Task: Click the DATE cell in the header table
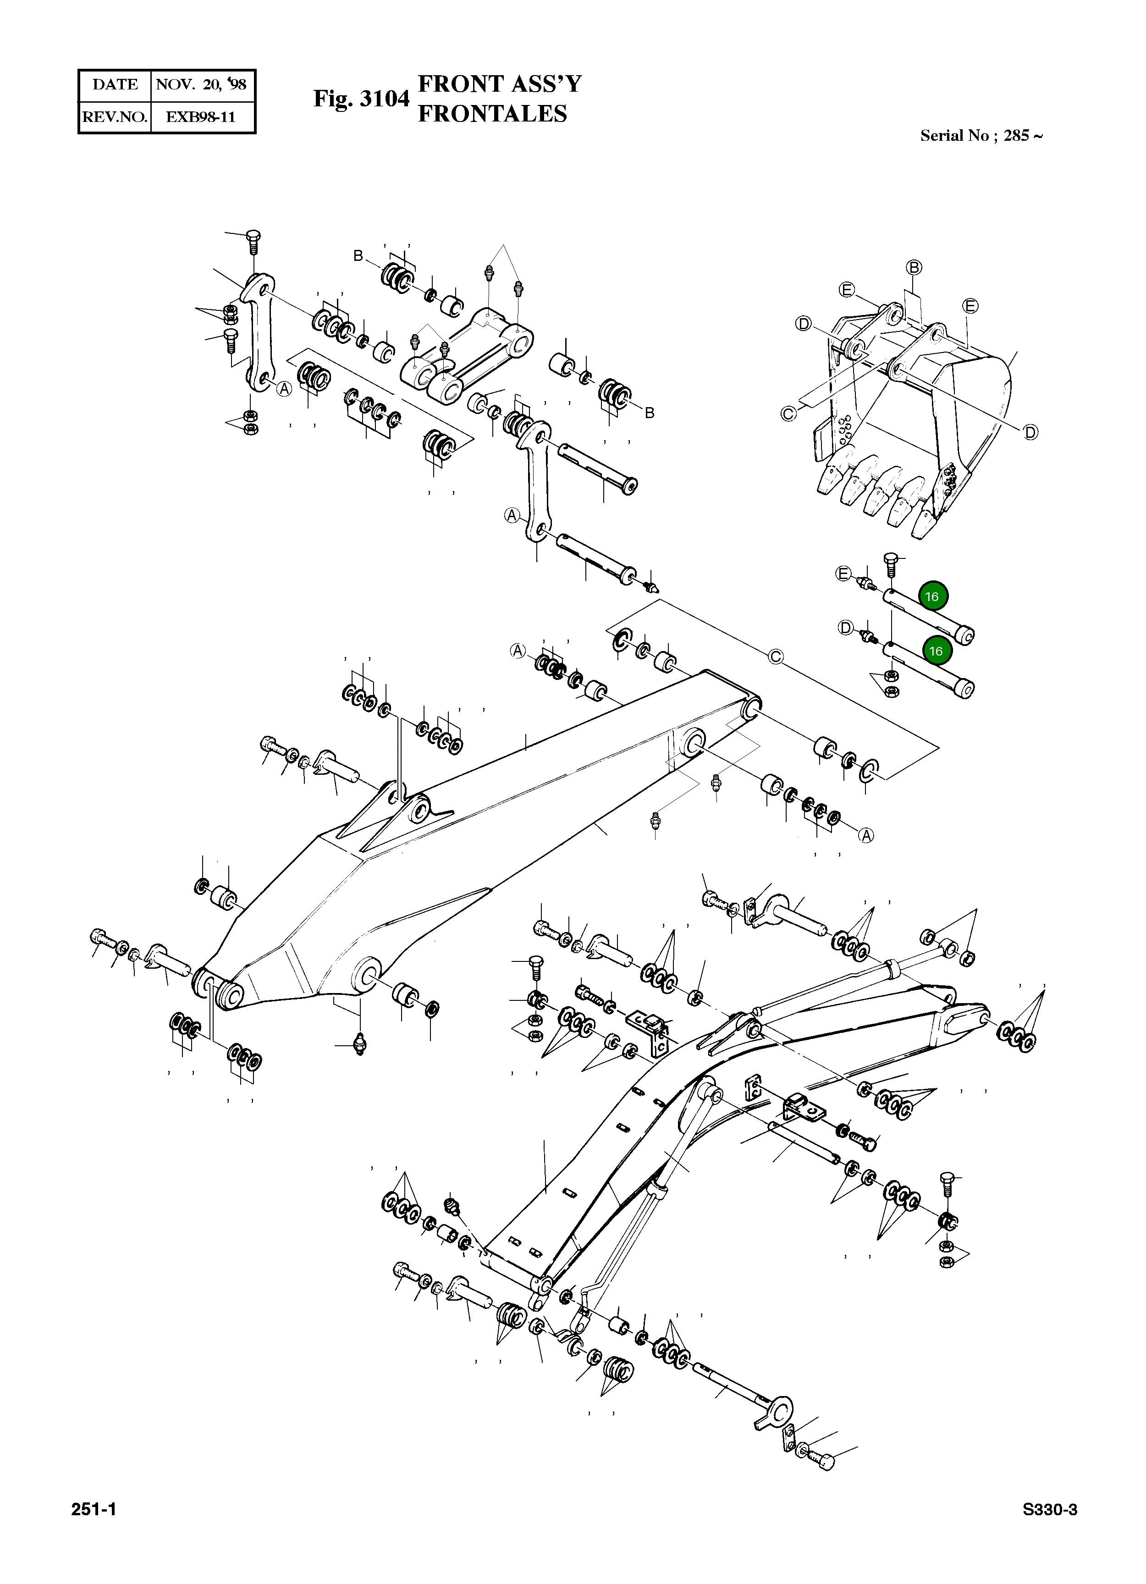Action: point(115,84)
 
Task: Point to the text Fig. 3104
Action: point(360,99)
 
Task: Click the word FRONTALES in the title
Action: point(492,114)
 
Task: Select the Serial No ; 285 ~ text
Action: point(981,136)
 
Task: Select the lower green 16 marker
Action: point(936,650)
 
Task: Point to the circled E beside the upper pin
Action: point(843,574)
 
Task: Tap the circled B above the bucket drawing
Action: point(914,267)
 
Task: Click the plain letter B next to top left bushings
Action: point(358,256)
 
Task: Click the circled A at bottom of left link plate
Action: point(284,389)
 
